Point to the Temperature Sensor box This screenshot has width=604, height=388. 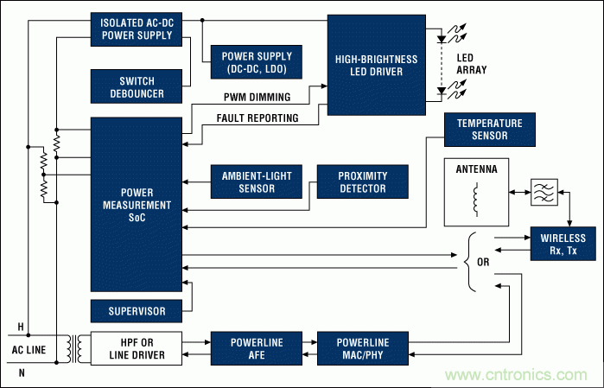tap(489, 130)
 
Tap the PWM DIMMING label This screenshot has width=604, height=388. tap(259, 98)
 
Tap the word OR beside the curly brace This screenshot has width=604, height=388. tap(484, 260)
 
